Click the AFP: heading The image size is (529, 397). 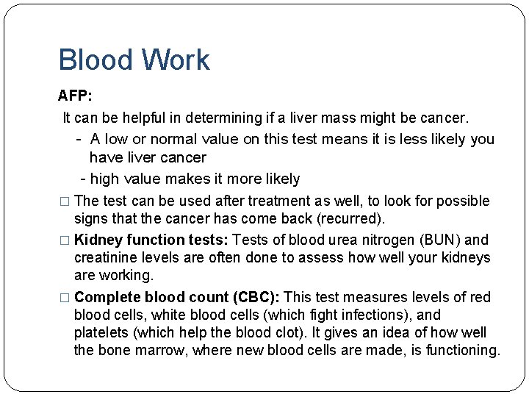click(75, 96)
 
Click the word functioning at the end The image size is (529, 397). click(461, 350)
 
